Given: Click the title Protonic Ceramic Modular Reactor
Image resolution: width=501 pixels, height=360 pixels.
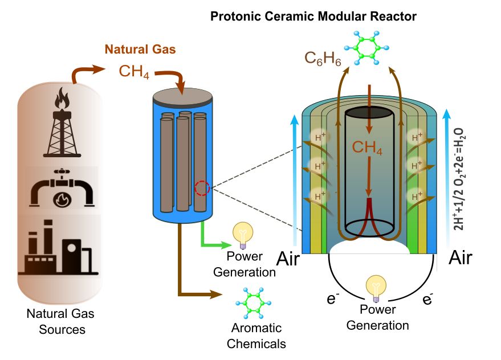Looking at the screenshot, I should point(313,16).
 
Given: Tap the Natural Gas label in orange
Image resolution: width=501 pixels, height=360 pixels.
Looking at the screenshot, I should point(140,50).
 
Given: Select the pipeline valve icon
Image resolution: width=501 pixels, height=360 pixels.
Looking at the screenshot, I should point(62,189).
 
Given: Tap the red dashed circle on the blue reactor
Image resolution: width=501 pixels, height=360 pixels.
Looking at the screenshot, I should point(202,187).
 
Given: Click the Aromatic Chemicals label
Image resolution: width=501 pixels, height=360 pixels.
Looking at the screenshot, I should point(256,336).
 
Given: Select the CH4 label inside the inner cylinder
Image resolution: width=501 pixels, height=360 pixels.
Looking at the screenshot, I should point(367,148).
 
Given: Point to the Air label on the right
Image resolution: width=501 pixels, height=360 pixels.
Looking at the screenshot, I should point(461,259).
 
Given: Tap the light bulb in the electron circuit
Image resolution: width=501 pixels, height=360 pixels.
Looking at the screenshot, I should point(376,287).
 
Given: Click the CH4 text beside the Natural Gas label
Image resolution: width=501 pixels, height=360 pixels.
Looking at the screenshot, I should point(135,72).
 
